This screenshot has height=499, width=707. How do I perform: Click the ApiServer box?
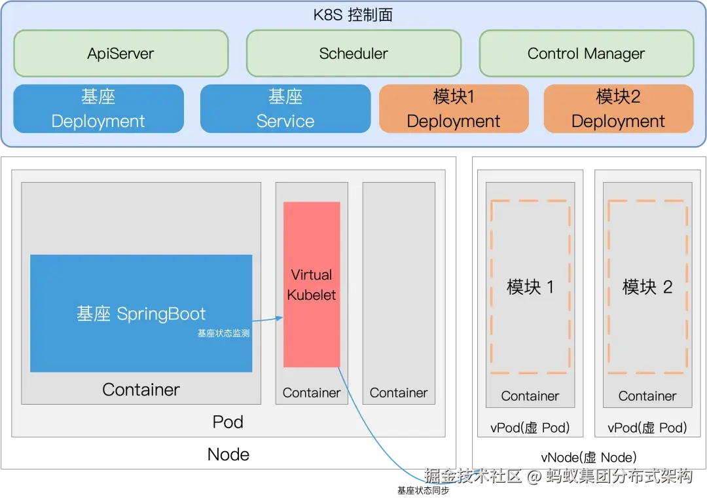(x=120, y=54)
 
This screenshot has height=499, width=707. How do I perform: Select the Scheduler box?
(x=353, y=54)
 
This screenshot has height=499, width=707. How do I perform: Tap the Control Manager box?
(x=586, y=54)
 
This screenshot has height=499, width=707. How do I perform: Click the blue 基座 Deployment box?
(x=98, y=109)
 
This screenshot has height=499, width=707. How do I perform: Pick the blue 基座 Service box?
(x=285, y=109)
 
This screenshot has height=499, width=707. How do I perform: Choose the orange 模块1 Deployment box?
(x=453, y=109)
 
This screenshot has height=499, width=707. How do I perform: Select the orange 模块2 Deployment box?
(x=618, y=109)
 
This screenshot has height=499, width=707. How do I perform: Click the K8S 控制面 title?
(x=353, y=15)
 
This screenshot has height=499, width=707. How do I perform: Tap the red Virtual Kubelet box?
(x=312, y=284)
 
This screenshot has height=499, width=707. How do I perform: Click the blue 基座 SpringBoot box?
(x=141, y=313)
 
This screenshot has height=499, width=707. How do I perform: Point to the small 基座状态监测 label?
(x=223, y=333)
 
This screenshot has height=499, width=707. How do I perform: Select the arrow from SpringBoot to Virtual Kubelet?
(x=267, y=320)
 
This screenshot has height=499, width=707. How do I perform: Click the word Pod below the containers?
(x=228, y=422)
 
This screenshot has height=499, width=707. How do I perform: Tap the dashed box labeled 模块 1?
(x=530, y=287)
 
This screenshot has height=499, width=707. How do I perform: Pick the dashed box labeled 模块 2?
(x=647, y=287)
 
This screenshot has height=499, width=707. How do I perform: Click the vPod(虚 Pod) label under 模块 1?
(x=530, y=428)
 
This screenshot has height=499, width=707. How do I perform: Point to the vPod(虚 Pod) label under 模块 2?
(x=647, y=428)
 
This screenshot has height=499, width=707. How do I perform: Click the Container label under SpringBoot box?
(x=141, y=390)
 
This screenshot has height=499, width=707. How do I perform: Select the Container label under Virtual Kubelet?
(x=312, y=393)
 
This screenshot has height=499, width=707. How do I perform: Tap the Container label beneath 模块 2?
(x=647, y=396)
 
